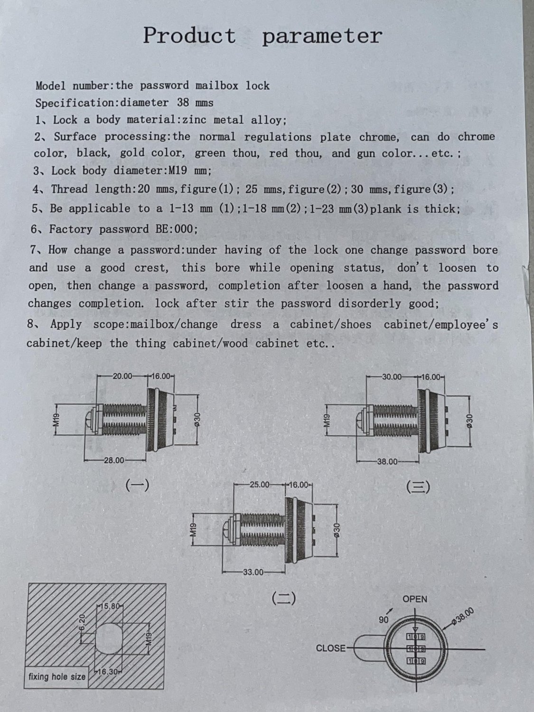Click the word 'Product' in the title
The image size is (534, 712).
point(190,35)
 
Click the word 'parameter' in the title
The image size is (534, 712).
point(322,37)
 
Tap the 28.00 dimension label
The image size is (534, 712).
point(114,460)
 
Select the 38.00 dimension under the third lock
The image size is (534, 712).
point(387,461)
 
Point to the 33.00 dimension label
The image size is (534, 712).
point(253,572)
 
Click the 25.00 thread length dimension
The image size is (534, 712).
point(259,485)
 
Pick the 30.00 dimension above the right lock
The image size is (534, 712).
point(392,377)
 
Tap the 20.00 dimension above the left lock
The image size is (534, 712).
point(122,376)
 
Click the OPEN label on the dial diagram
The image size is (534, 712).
point(415,599)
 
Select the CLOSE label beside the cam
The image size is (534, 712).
point(331,648)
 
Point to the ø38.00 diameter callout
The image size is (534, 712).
point(463,616)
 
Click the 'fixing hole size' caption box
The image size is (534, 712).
point(57,676)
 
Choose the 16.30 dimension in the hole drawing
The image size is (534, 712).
point(107,672)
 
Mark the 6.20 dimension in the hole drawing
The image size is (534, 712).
point(82,622)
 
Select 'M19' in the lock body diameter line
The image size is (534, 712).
point(178,170)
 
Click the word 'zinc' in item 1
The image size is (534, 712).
point(194,120)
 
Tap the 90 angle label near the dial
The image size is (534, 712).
point(384,619)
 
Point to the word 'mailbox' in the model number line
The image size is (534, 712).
point(216,85)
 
